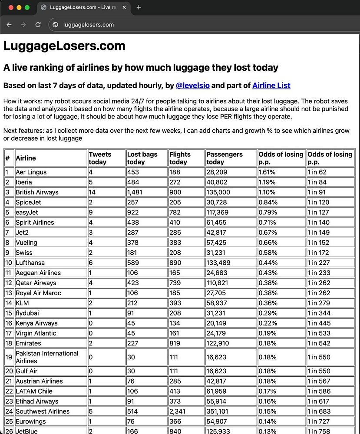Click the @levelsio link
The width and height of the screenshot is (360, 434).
point(192,85)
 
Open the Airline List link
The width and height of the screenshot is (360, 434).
point(271,85)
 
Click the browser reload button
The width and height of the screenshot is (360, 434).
point(38,25)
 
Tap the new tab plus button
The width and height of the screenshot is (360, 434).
point(139,7)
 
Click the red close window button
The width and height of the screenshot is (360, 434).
point(11,7)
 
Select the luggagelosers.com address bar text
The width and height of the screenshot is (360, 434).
point(89,25)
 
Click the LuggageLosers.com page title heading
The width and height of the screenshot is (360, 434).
point(64,46)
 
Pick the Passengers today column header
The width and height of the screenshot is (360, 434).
point(225,158)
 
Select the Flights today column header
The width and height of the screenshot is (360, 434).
point(180,158)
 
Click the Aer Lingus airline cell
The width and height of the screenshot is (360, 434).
point(31,172)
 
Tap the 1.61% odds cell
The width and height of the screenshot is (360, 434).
point(268,172)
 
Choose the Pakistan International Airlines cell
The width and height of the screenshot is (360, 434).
point(47,357)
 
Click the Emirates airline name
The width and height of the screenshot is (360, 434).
point(29,343)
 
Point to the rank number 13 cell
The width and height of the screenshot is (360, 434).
point(9,293)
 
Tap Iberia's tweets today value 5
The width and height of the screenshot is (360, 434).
point(91,182)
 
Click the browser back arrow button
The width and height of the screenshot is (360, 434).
point(9,25)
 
